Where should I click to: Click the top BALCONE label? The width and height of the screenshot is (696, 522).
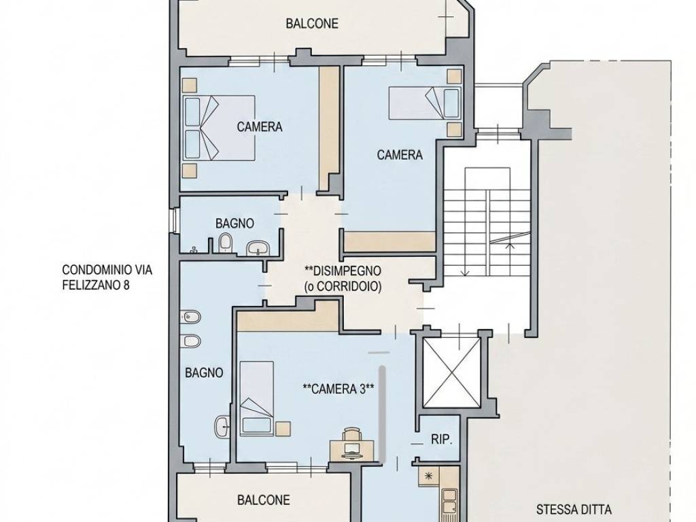point(311,24)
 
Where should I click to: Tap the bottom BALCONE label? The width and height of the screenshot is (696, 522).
point(264,500)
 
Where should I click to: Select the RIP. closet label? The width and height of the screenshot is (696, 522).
point(441,440)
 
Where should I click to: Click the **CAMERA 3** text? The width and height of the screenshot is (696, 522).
point(338,389)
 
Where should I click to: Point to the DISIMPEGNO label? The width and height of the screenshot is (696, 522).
point(343,271)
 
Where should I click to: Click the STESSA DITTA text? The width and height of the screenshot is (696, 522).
point(574,510)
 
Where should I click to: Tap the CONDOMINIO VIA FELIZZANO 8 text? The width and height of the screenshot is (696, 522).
point(107,277)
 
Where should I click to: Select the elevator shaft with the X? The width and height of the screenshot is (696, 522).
point(451,372)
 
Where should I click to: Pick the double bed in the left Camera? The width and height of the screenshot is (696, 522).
point(219,128)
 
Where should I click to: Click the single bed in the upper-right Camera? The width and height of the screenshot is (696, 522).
point(425,103)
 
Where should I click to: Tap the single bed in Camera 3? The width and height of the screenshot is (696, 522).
point(256,398)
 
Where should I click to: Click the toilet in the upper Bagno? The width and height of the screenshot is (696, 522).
point(226,243)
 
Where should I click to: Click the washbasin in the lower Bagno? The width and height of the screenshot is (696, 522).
point(222,426)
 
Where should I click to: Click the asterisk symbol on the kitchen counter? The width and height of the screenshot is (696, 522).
point(428,475)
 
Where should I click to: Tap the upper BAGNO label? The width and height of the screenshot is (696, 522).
point(234,223)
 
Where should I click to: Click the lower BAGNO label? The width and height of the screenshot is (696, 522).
point(204,373)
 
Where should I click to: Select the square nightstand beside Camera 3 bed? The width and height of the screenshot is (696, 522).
point(283,428)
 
